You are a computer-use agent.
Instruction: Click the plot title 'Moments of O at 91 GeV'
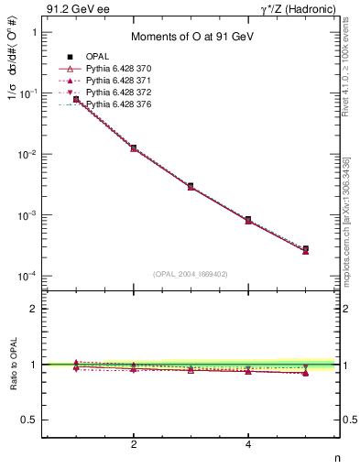pos(191,37)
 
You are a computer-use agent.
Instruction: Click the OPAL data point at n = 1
pos(76,99)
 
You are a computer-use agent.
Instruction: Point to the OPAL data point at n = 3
pos(191,186)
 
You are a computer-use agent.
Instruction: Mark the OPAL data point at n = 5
pos(305,248)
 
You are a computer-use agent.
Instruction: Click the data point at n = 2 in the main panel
pos(134,147)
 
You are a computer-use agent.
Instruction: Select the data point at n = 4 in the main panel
pos(248,220)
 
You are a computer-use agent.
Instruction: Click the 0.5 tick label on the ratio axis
pos(29,420)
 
